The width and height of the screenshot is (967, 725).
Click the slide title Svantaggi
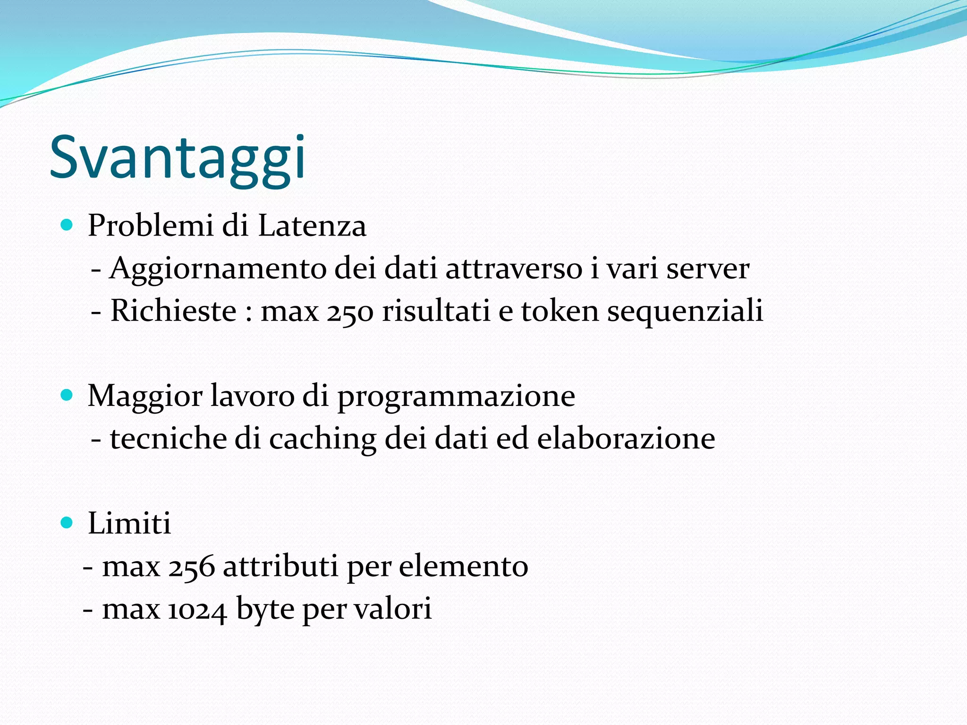pos(178,158)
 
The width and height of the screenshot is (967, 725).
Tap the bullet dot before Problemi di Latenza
pos(67,225)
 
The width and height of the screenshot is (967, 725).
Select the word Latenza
pos(312,226)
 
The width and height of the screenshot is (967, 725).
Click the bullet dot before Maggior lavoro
pos(67,395)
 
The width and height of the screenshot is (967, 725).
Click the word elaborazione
pos(626,438)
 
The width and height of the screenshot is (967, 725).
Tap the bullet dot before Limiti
pos(67,523)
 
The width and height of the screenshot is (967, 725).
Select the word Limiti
pos(129,523)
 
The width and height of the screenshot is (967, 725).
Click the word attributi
pos(280,566)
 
